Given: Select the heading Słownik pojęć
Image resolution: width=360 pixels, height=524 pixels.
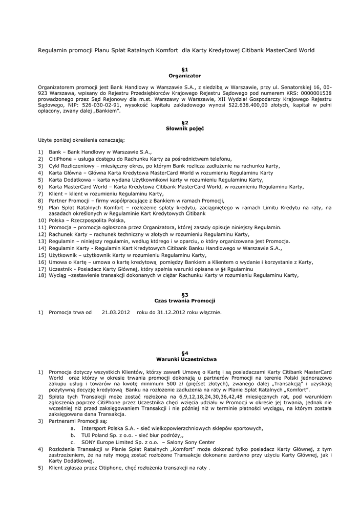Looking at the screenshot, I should [x=185, y=128].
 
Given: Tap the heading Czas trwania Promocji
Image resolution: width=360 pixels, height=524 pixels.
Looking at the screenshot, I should [x=185, y=300].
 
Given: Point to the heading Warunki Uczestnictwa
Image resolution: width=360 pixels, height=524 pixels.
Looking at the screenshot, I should [x=185, y=359].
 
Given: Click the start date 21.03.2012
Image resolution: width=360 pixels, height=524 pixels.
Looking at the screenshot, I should [x=116, y=312].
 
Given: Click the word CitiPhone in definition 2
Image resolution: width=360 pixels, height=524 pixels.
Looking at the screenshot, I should [x=61, y=159].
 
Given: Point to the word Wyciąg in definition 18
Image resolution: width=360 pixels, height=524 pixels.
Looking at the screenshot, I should [x=58, y=275].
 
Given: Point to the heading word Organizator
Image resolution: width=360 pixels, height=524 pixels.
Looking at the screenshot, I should [x=185, y=75].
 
